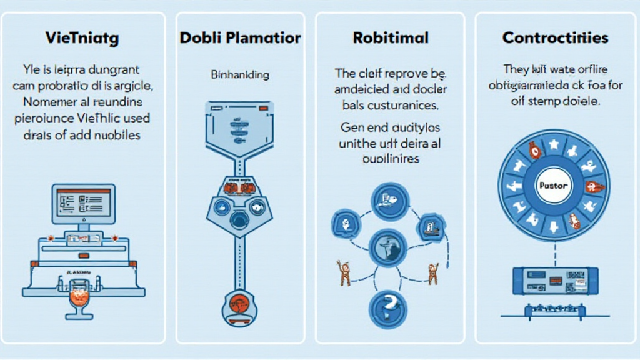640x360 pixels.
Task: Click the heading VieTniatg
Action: tap(82, 38)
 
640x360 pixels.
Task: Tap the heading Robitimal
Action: tap(391, 38)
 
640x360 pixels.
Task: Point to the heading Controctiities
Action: tap(555, 38)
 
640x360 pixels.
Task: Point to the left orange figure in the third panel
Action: tap(342, 272)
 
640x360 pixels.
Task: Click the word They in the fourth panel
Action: tap(517, 69)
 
